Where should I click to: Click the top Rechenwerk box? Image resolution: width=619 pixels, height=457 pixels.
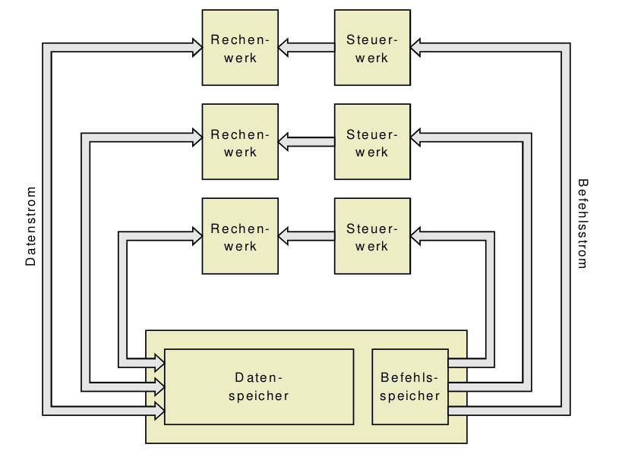(x=240, y=47)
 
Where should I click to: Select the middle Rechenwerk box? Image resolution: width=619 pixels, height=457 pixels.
(x=240, y=141)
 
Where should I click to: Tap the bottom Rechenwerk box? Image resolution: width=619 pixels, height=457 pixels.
(x=240, y=235)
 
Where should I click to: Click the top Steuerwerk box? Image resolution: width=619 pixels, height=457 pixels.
(x=372, y=47)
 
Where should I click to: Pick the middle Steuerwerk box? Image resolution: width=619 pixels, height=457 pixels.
(x=372, y=141)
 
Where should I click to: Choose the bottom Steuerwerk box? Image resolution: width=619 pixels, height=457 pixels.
(x=372, y=235)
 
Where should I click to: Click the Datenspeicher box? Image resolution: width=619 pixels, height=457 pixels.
(x=259, y=386)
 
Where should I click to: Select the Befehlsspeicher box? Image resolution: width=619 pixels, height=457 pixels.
(x=410, y=386)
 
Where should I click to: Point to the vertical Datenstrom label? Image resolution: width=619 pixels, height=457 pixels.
(x=31, y=225)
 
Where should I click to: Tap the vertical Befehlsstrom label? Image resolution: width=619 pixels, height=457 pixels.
(x=582, y=224)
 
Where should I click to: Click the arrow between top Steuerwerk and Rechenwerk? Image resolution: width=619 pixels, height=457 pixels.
(x=306, y=48)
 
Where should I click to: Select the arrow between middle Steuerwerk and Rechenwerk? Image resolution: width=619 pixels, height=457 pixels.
(x=306, y=141)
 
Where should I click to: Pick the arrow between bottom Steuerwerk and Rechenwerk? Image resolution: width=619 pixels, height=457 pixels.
(x=306, y=235)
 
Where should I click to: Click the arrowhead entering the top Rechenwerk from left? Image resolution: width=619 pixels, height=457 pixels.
(x=196, y=48)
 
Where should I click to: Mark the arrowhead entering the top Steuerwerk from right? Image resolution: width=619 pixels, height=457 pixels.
(x=417, y=48)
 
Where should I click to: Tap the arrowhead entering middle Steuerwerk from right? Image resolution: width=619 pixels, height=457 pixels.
(x=417, y=137)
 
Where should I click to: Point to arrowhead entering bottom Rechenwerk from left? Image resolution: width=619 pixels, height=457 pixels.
(x=196, y=235)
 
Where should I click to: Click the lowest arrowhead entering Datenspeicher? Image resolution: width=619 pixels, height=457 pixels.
(x=159, y=411)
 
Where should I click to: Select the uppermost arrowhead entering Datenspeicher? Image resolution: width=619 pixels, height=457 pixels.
(x=159, y=358)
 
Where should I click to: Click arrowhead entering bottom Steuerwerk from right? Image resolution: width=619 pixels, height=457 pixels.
(x=417, y=235)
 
